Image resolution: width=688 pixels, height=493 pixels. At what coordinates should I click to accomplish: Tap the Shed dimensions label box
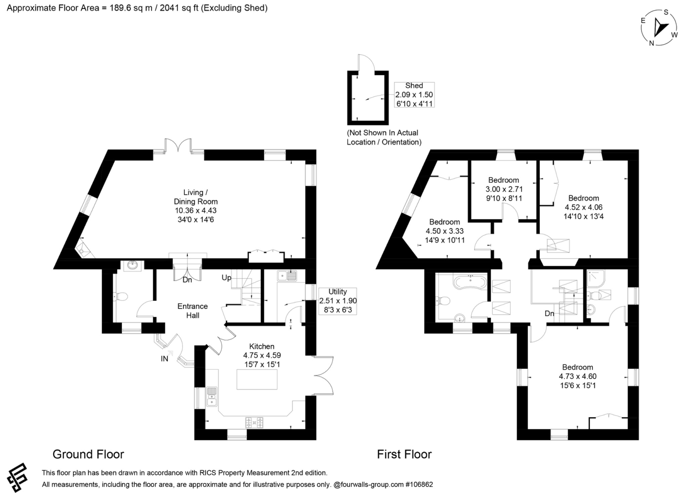[414, 95]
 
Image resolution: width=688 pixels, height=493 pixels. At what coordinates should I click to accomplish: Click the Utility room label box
[338, 301]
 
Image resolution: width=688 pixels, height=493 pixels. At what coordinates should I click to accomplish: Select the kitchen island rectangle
[257, 379]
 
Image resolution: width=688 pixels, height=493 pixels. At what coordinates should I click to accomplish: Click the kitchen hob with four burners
[254, 422]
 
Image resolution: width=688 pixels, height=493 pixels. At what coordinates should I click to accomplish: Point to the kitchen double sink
[212, 397]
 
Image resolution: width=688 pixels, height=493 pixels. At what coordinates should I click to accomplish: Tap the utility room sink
[287, 276]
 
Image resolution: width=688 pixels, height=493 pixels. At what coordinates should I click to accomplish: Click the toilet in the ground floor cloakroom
[121, 297]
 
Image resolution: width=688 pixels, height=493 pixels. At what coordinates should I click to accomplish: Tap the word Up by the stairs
[226, 278]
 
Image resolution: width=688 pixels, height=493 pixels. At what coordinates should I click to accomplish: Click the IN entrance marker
[164, 359]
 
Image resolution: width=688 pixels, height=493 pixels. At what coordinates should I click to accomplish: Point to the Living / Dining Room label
[196, 197]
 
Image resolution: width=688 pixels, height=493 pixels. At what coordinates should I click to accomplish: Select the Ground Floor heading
[88, 454]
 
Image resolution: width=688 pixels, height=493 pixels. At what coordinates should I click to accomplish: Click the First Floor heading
[404, 454]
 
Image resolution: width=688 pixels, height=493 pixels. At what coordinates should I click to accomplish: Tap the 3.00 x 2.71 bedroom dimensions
[504, 189]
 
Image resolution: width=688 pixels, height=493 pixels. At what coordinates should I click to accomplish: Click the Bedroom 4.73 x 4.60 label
[577, 376]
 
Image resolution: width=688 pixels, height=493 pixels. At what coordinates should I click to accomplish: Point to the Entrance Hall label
[192, 311]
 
